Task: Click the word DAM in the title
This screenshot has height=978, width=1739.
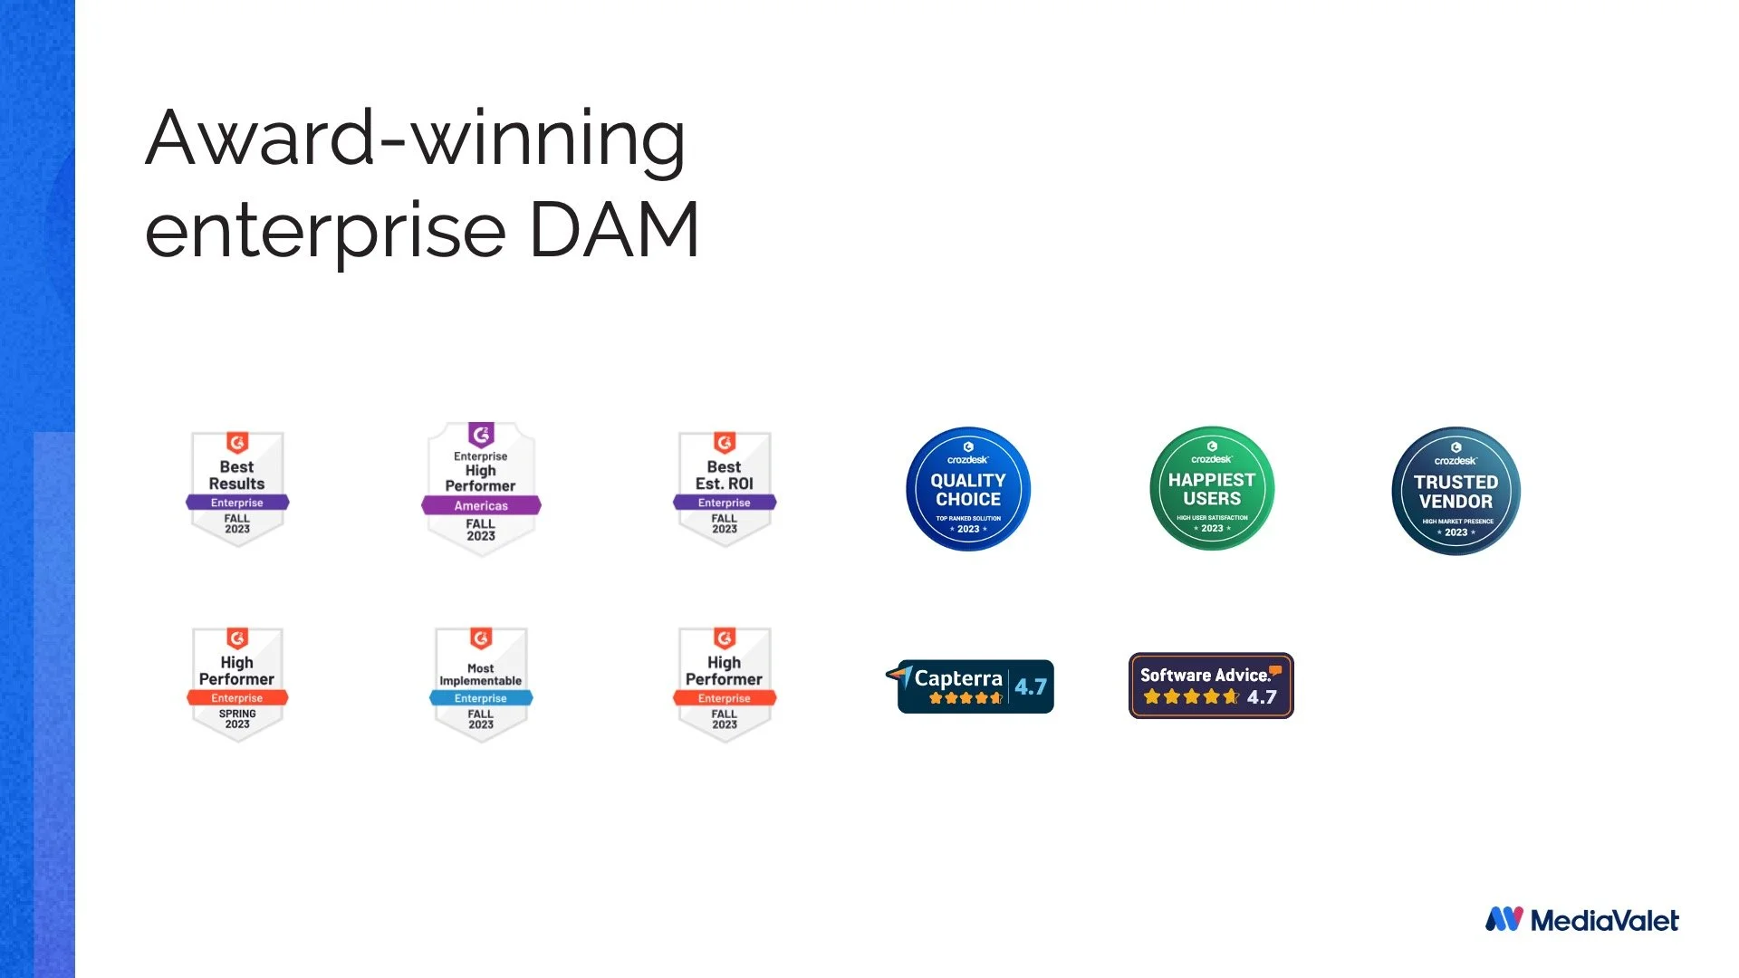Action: click(613, 230)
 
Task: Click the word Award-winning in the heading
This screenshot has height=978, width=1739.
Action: click(415, 138)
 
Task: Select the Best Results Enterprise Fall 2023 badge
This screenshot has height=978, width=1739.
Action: click(237, 488)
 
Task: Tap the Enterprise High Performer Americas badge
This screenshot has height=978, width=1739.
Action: click(481, 488)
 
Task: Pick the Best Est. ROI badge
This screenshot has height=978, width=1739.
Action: click(725, 488)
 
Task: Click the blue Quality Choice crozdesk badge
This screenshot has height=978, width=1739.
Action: click(968, 489)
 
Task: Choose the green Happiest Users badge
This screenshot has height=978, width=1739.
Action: click(1212, 489)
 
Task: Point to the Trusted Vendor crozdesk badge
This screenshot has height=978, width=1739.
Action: click(1456, 491)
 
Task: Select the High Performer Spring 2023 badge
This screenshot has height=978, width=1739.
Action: click(237, 684)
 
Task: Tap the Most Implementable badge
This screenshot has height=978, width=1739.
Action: click(481, 684)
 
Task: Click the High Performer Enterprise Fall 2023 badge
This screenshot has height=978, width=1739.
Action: click(725, 684)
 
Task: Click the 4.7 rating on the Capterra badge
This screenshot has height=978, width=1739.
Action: click(1031, 686)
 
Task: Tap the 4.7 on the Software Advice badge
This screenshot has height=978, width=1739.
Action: click(1262, 697)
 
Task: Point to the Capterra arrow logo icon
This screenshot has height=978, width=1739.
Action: click(899, 674)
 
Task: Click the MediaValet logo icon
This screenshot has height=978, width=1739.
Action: click(1504, 919)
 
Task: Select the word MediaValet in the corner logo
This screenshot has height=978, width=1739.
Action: click(1604, 921)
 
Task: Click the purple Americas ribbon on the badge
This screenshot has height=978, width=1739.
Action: click(481, 505)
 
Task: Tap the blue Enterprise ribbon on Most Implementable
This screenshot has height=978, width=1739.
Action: click(481, 698)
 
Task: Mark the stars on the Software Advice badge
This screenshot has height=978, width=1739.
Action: click(1191, 697)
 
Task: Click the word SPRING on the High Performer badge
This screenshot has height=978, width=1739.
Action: click(237, 714)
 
